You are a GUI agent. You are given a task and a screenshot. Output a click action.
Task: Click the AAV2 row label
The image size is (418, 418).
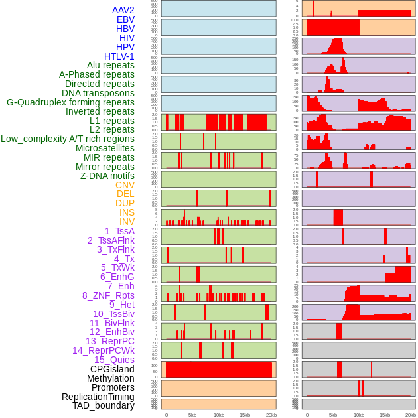pos(123,10)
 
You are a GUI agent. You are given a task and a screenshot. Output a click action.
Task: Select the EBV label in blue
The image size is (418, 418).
pos(125,19)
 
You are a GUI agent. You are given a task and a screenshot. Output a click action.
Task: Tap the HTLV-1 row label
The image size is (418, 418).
pos(119,56)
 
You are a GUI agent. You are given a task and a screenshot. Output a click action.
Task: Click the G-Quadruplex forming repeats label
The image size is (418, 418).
pos(70,102)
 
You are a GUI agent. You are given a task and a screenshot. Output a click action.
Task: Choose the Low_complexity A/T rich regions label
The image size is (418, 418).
pos(68,139)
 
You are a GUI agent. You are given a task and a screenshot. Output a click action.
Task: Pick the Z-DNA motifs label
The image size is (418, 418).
pos(107,176)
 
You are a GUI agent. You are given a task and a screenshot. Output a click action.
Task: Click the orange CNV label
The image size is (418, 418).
pos(125,185)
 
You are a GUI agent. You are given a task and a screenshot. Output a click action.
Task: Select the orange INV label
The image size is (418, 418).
pos(127,222)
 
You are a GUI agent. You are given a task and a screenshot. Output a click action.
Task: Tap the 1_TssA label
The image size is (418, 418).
pos(119,231)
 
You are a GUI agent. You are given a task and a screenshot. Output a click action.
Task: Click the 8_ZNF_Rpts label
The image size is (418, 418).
pos(108,295)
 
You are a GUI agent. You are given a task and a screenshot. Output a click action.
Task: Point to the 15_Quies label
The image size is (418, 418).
pos(114,360)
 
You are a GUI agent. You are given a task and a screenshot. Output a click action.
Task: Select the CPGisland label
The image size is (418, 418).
pos(112,369)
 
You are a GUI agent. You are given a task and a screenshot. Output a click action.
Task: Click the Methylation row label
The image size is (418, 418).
pos(110,378)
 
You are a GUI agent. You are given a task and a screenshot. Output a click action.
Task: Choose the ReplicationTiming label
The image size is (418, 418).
pos(98,397)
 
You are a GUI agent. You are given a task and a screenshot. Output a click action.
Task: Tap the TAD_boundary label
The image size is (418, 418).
pos(104,405)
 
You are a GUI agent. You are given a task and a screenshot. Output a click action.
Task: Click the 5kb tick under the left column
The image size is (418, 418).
pos(192,415)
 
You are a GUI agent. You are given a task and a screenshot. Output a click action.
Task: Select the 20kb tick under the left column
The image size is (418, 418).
pos(271,415)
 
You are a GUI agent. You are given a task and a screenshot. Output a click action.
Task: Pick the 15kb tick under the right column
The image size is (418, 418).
pos(385,415)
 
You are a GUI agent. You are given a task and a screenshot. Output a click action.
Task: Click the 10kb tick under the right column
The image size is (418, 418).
pos(359,415)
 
